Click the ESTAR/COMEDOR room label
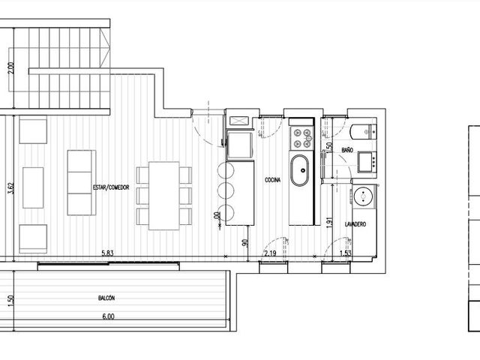coord(111,187)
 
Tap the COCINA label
coord(272,180)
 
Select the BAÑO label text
coord(347,150)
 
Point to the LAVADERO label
coord(355,224)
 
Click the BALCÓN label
coord(106,298)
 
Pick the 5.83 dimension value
coord(108,253)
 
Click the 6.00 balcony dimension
coord(108,316)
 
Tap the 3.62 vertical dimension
coord(10,188)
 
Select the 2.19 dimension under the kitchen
coord(270,253)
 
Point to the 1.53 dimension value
coord(346,253)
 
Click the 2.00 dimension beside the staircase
coord(10,68)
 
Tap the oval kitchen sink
coord(299,170)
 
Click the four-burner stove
coord(301,138)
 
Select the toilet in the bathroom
coord(364,132)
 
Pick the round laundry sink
coord(363,196)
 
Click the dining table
coord(164,196)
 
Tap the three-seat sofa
coord(82,183)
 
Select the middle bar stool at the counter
coord(226,190)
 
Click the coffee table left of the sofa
coord(33,187)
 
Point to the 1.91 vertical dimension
coord(329,223)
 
